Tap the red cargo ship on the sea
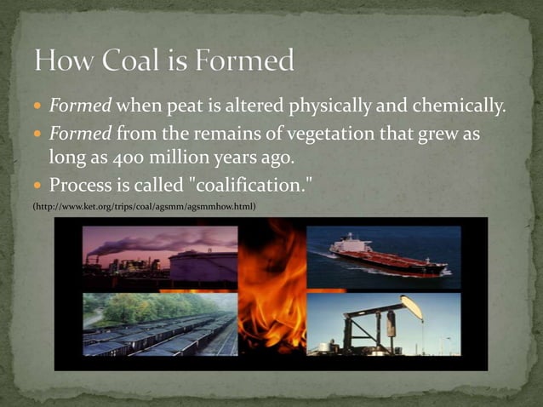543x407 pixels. pos(387,255)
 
